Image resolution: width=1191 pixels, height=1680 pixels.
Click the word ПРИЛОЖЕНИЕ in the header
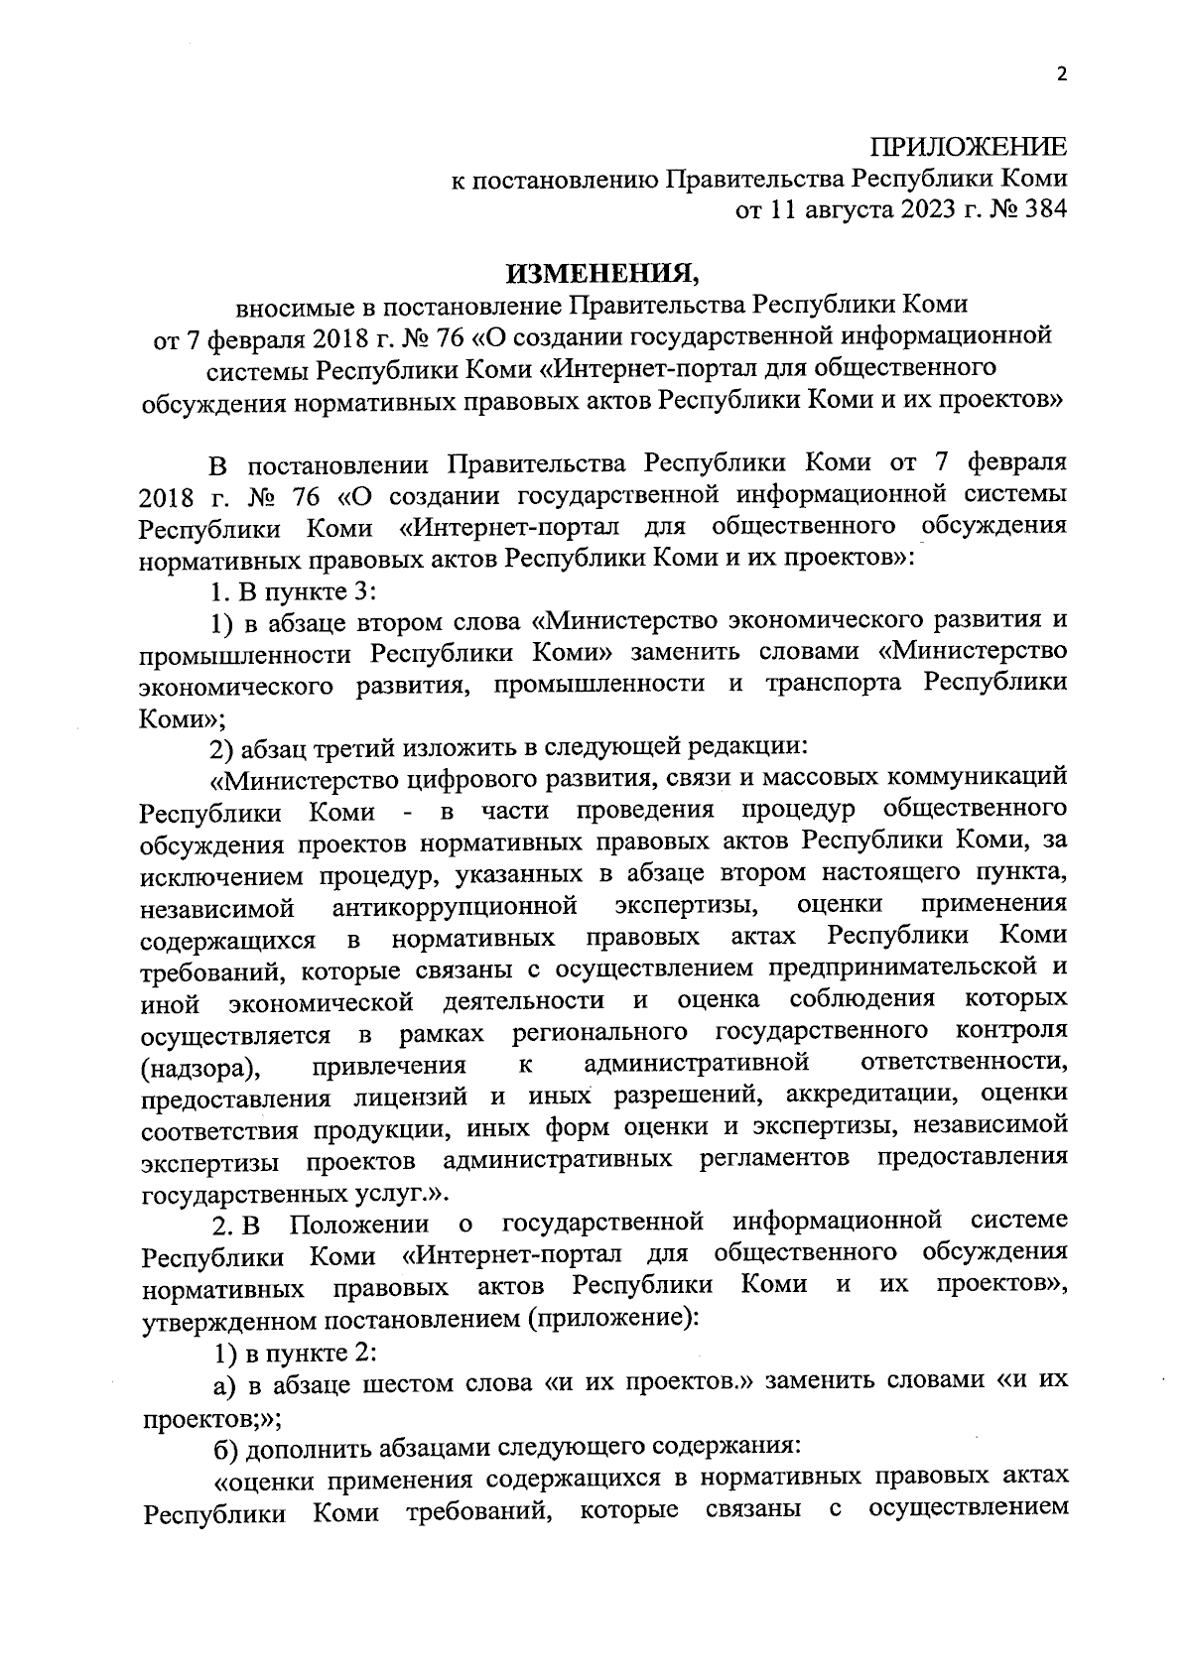click(969, 149)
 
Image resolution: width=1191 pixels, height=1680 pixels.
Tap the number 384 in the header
click(1044, 210)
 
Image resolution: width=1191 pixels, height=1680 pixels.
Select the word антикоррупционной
click(456, 906)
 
